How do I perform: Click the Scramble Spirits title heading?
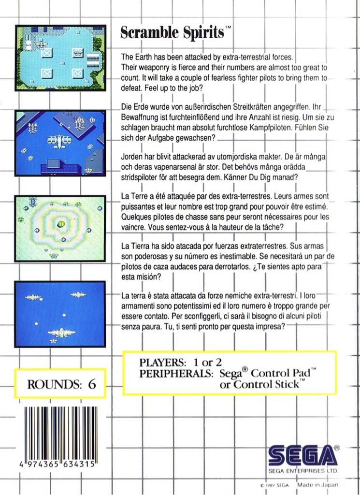click(x=172, y=33)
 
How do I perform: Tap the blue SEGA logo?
click(x=301, y=455)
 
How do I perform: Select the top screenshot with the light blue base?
click(x=60, y=58)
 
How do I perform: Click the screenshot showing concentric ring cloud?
click(x=60, y=228)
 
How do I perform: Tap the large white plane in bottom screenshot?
click(x=60, y=333)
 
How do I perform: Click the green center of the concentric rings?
click(x=61, y=223)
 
